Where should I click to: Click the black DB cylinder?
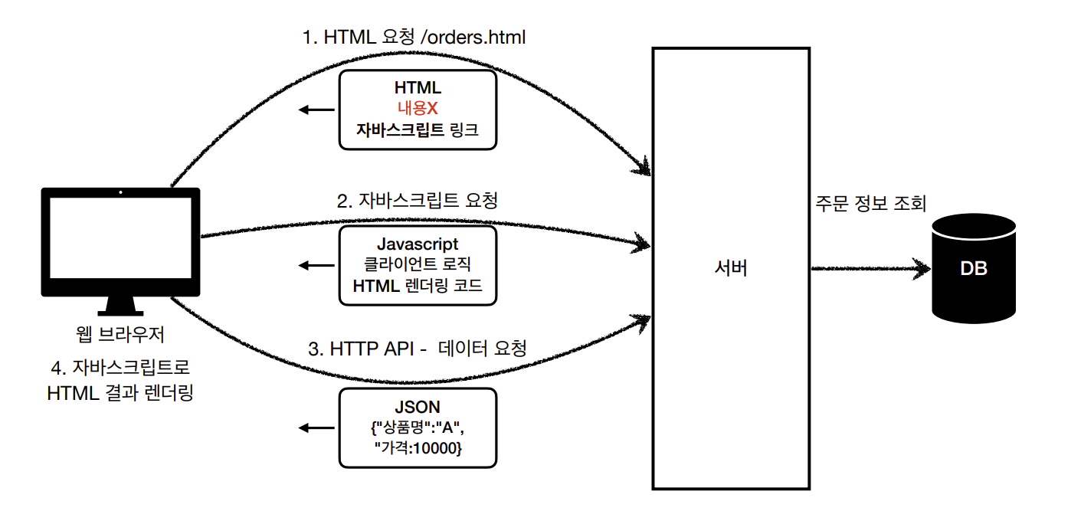(x=974, y=269)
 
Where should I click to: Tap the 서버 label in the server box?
(x=730, y=268)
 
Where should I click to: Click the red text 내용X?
(x=418, y=110)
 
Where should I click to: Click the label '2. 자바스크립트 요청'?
(x=418, y=201)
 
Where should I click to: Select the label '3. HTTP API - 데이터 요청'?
(x=418, y=349)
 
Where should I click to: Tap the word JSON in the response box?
(x=418, y=408)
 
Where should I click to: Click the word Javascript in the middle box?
(x=418, y=244)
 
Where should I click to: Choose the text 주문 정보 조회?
(x=872, y=204)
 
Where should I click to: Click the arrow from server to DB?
(x=869, y=269)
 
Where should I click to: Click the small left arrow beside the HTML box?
(x=316, y=110)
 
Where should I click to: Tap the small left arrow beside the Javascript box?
(x=316, y=266)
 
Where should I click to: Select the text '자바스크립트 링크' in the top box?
(x=418, y=129)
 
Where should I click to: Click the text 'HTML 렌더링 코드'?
(x=418, y=286)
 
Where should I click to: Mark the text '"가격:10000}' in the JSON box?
(x=418, y=448)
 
